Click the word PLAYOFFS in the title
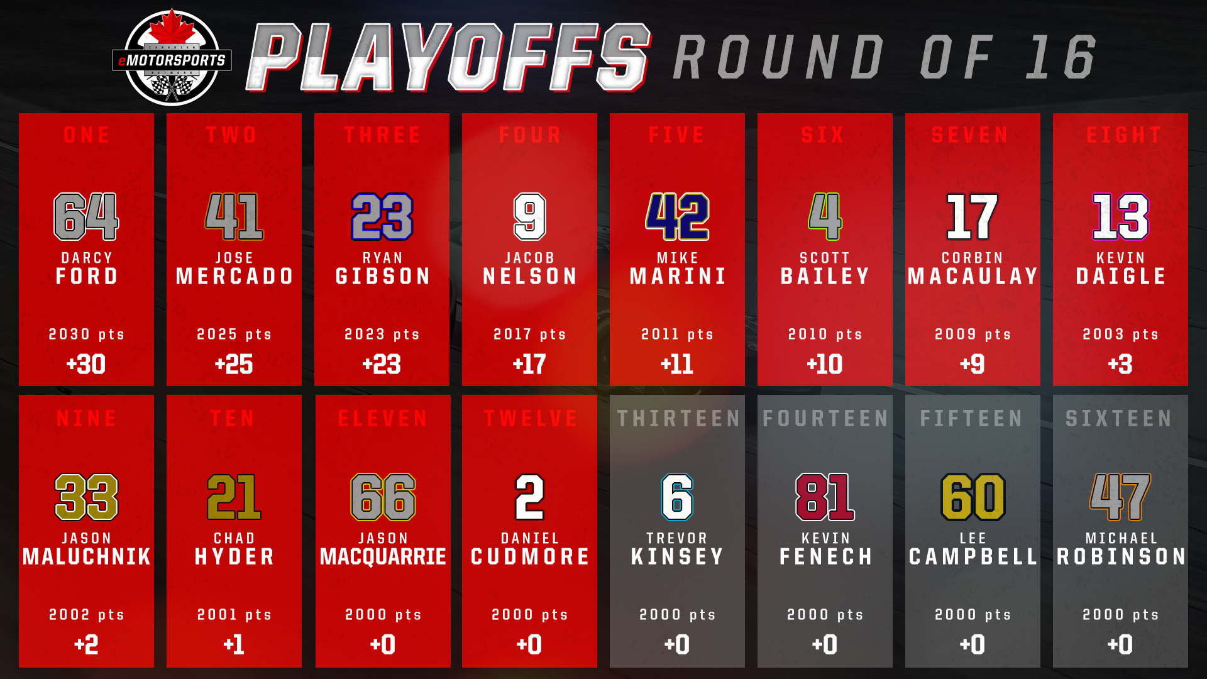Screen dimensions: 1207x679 pos(448,57)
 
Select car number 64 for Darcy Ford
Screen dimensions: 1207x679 pos(86,216)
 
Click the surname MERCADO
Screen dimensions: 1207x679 pos(234,276)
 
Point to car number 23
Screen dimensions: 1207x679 pos(382,216)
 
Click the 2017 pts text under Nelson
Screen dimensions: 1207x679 pos(530,334)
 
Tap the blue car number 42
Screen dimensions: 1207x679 pos(677,216)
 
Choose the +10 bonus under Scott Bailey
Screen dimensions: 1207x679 pos(825,364)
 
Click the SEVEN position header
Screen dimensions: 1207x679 pos(971,135)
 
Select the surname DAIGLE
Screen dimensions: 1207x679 pos(1121,276)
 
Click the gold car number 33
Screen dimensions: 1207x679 pos(87,497)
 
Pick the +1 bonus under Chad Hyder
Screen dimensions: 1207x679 pos(234,644)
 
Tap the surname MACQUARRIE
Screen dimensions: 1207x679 pos(383,556)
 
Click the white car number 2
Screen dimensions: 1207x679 pos(530,497)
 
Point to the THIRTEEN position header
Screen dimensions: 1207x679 pos(678,418)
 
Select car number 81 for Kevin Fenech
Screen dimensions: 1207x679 pos(825,497)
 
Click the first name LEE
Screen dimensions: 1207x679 pos(973,538)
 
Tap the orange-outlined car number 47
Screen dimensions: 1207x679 pos(1120,497)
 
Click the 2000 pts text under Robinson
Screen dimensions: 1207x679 pos(1121,614)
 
